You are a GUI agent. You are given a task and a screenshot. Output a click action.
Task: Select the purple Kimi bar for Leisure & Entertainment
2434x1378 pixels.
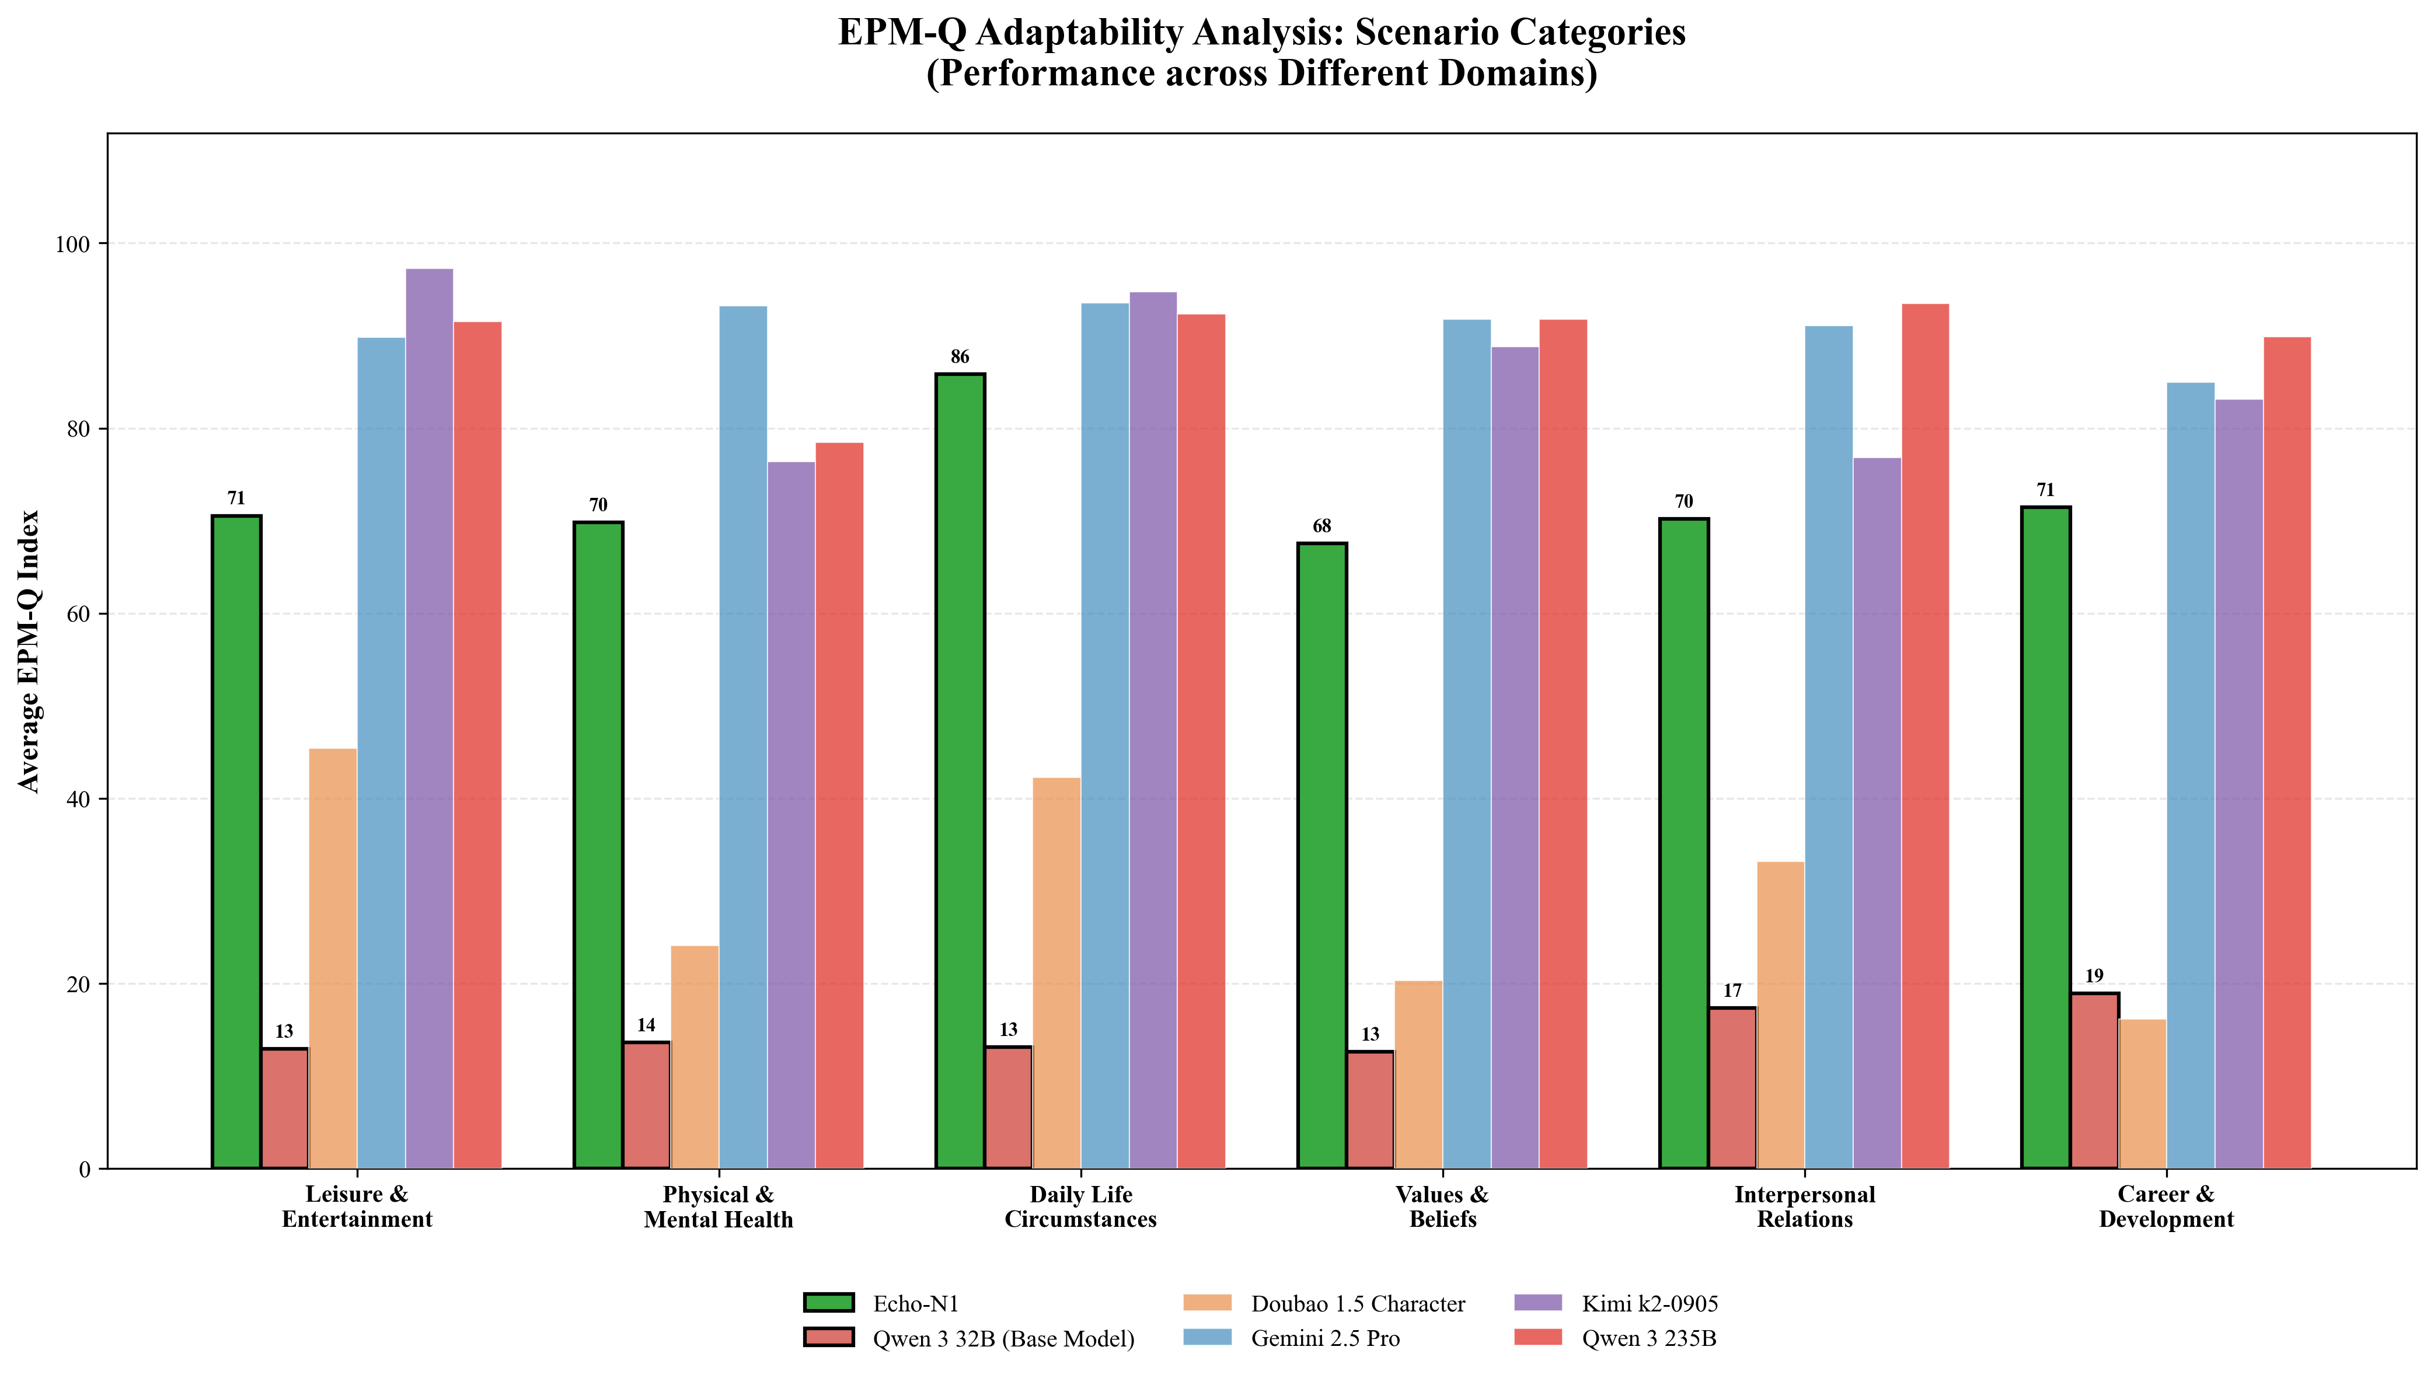428,719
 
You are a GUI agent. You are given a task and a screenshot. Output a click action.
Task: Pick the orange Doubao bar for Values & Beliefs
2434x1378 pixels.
1418,1074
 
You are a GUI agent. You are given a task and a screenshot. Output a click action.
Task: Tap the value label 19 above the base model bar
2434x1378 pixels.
2093,976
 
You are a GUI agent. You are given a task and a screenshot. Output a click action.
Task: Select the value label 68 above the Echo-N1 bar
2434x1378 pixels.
1321,526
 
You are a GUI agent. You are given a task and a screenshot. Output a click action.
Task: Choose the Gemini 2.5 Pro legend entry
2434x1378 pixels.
1325,1338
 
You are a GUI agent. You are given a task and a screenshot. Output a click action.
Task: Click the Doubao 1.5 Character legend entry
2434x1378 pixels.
1357,1304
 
